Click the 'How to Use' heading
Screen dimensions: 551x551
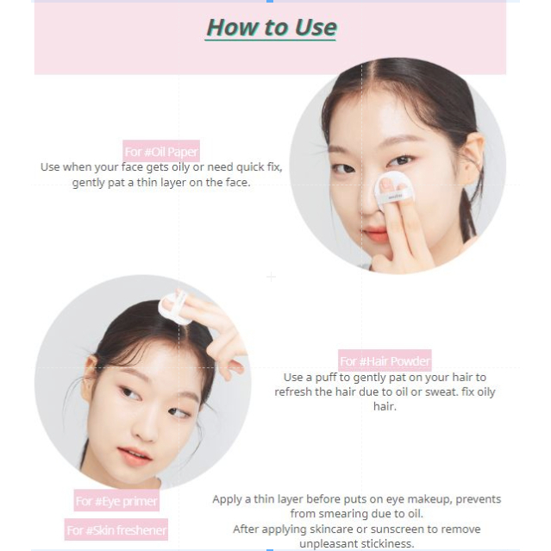pyautogui.click(x=272, y=28)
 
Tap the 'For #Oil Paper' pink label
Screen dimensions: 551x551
pyautogui.click(x=161, y=151)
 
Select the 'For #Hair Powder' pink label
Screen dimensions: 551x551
pyautogui.click(x=385, y=360)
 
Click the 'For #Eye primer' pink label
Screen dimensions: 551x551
pyautogui.click(x=116, y=500)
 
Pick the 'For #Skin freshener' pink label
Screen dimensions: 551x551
pyautogui.click(x=116, y=529)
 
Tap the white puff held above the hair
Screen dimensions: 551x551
pyautogui.click(x=174, y=308)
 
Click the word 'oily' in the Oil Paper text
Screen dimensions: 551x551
pyautogui.click(x=180, y=167)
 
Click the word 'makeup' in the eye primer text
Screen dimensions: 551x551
pyautogui.click(x=429, y=499)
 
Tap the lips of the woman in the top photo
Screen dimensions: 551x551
pyautogui.click(x=375, y=234)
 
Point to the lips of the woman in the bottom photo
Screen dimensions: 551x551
pyautogui.click(x=134, y=456)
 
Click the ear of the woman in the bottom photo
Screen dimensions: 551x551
pyautogui.click(x=90, y=373)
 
